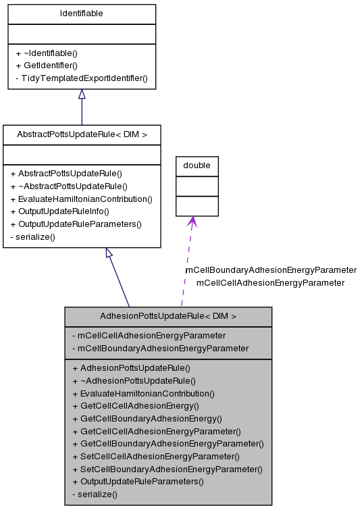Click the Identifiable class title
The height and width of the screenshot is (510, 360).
pos(82,14)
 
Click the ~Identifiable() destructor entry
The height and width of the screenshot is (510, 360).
pos(47,53)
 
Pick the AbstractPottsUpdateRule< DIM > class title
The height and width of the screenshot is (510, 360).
pos(82,134)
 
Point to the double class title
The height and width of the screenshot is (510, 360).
pos(197,165)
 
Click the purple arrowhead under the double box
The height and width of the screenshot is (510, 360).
pos(192,222)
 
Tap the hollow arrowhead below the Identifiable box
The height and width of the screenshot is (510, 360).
pos(82,95)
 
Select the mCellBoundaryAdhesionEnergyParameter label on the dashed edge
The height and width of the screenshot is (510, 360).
pos(271,270)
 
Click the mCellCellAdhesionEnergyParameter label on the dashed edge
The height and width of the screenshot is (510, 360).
pos(270,282)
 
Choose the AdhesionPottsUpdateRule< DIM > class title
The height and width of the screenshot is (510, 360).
pos(168,316)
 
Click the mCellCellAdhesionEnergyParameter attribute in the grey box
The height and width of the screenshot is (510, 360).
pos(149,335)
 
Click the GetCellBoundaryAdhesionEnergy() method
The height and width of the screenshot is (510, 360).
pos(147,418)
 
